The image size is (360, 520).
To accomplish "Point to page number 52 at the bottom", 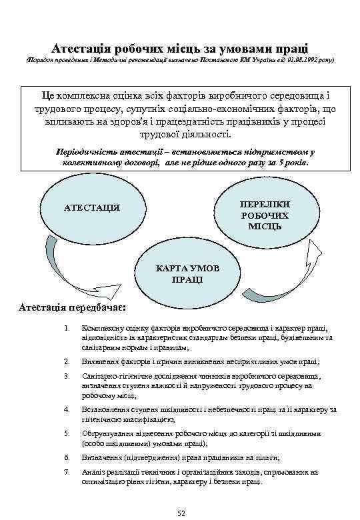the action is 180,511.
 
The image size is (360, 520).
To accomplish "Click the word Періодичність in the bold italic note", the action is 87,151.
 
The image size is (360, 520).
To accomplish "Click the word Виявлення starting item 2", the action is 97,361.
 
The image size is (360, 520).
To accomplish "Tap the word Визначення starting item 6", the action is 99,457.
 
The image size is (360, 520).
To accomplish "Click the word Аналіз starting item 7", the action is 91,472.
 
